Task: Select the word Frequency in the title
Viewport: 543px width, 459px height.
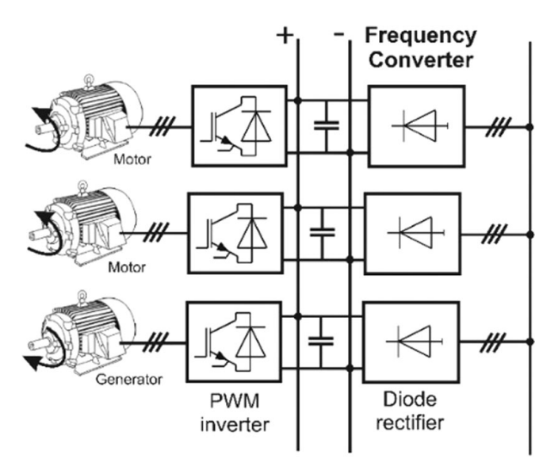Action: pyautogui.click(x=420, y=35)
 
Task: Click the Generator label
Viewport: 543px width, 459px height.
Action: pyautogui.click(x=132, y=379)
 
